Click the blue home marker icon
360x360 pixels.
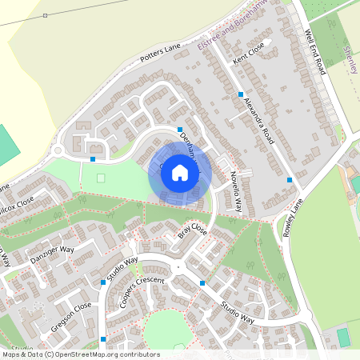[180, 172]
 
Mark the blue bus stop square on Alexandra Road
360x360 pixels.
[240, 94]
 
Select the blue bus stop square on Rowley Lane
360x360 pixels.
[289, 180]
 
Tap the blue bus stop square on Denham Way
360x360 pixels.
[180, 129]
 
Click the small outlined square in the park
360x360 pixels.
[101, 177]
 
